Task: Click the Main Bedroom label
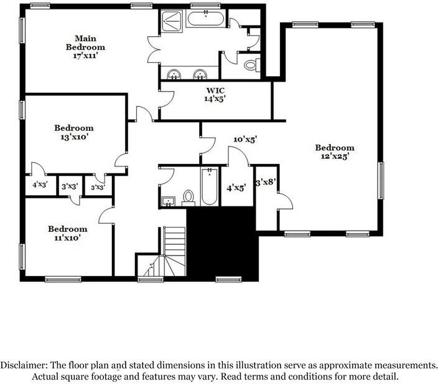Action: (x=85, y=42)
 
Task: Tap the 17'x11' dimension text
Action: (x=85, y=55)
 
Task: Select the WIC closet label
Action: (x=215, y=90)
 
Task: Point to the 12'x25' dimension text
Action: (x=335, y=156)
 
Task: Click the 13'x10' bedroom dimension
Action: (x=74, y=137)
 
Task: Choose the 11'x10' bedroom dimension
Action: (x=68, y=238)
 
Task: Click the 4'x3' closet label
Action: (x=40, y=185)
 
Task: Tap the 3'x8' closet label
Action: (x=266, y=182)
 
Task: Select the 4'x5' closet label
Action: (x=236, y=188)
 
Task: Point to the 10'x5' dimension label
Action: (x=245, y=140)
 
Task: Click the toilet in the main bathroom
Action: (x=252, y=65)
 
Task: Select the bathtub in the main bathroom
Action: (x=205, y=19)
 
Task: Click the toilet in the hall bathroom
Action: (x=189, y=198)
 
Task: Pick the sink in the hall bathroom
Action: (x=169, y=201)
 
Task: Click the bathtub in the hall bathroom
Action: (x=209, y=186)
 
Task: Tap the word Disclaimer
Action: (x=24, y=365)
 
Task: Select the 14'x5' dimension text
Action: (x=215, y=98)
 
